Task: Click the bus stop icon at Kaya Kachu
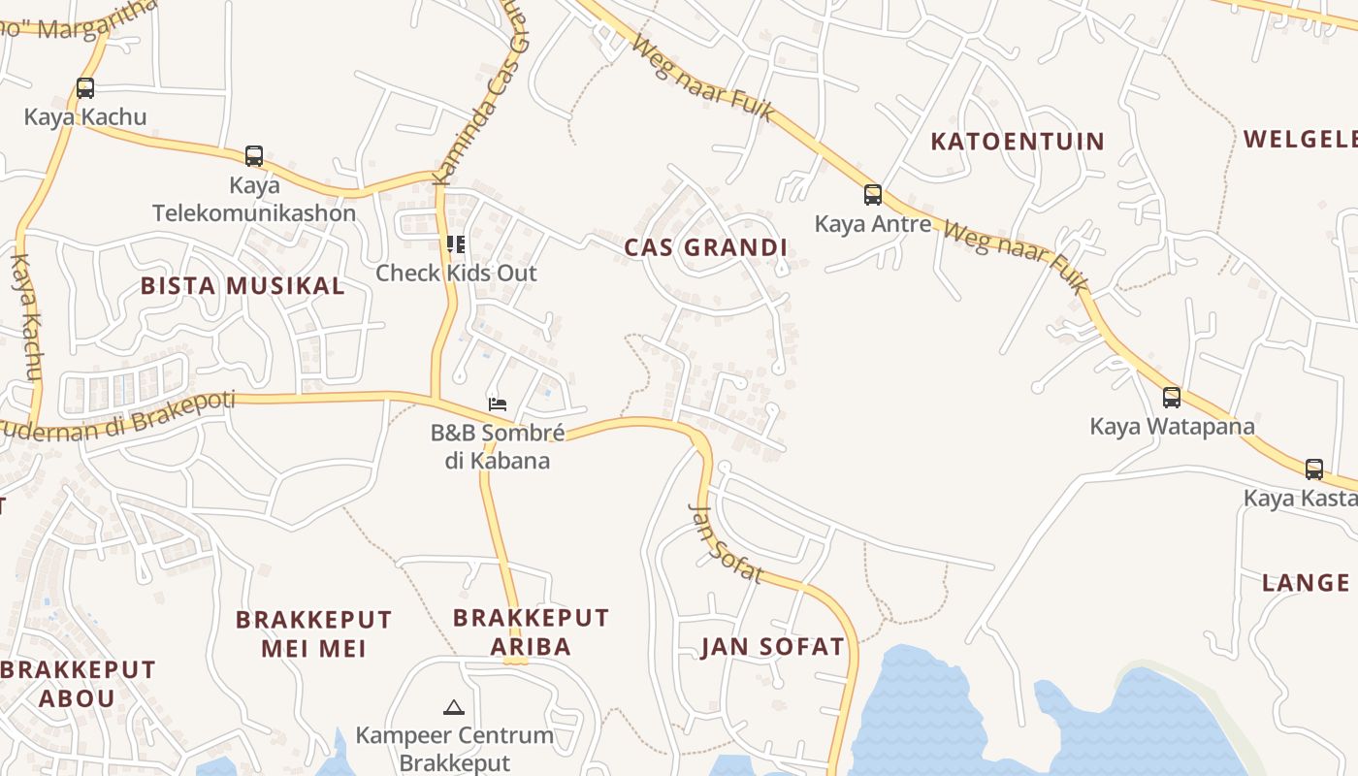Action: point(85,88)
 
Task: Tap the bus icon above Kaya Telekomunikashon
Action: point(254,155)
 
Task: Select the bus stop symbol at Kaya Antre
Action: point(873,195)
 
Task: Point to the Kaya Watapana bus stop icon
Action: point(1172,397)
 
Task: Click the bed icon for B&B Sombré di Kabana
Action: point(498,404)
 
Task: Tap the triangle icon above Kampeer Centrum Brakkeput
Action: point(453,707)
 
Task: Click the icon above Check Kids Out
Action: point(455,243)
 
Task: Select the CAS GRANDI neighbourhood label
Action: point(706,247)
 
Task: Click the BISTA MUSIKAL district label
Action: point(242,285)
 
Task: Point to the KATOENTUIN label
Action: point(1018,142)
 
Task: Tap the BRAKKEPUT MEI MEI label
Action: point(314,633)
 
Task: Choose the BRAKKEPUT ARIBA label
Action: point(531,631)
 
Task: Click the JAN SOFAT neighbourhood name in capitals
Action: point(773,647)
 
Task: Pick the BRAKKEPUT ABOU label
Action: point(78,683)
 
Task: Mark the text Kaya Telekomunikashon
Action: point(254,199)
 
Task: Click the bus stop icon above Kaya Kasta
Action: point(1314,469)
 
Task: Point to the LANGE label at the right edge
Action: point(1306,583)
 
